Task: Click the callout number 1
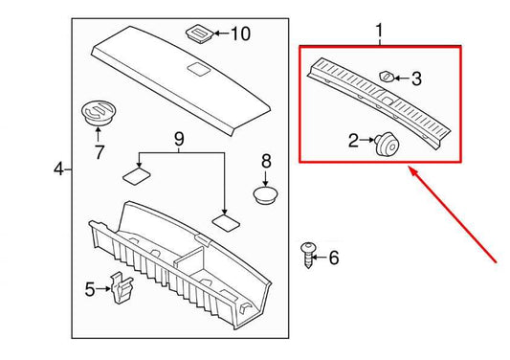[379, 32]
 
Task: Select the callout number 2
[354, 142]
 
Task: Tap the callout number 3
[417, 79]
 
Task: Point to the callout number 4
[58, 169]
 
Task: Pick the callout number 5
[90, 288]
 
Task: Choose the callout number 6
[333, 258]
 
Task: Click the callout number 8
[267, 161]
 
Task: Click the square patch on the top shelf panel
[198, 69]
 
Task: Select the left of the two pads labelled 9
[134, 174]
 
